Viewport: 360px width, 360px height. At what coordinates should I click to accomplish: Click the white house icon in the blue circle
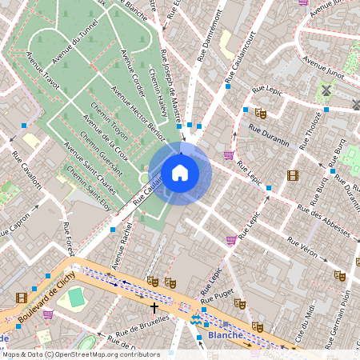coord(180,172)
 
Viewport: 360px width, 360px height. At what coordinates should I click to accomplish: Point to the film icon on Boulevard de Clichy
coord(22,298)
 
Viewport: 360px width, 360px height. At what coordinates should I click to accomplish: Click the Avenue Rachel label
coord(124,243)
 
